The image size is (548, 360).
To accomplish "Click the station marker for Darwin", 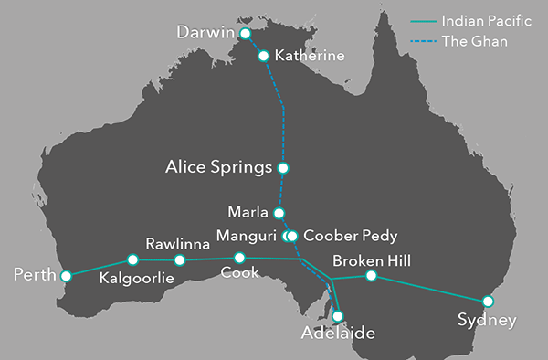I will [244, 34].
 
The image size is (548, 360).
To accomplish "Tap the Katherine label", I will [311, 57].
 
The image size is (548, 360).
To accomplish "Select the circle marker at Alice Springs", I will [283, 168].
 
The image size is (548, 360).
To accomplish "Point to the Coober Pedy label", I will [350, 236].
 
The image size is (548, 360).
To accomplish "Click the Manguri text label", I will [248, 236].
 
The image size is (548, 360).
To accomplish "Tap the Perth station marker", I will [66, 274].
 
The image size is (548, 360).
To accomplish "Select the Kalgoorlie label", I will [137, 278].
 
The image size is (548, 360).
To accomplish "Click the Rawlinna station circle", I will [180, 259].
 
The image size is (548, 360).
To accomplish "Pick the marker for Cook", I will [239, 258].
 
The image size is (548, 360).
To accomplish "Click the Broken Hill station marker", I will [371, 276].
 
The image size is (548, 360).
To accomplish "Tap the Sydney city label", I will [488, 320].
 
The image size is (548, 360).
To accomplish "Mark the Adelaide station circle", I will [338, 316].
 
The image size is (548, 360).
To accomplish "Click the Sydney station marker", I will [488, 300].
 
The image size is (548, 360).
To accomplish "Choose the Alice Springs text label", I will [218, 168].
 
